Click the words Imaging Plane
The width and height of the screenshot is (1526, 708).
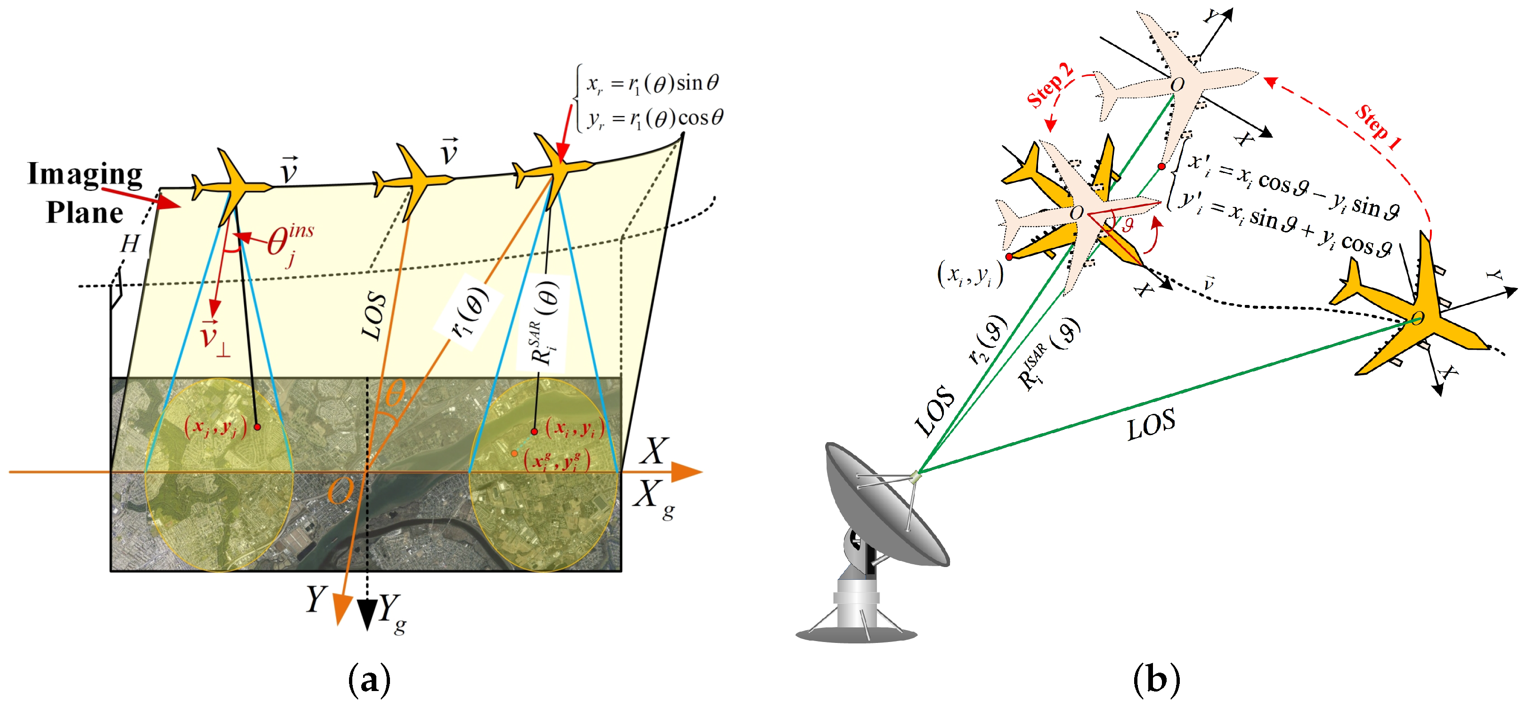[x=85, y=192]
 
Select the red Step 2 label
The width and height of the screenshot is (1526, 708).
[x=1049, y=86]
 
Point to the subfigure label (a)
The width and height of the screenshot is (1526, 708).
[x=370, y=680]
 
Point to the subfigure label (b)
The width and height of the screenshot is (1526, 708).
[x=1156, y=680]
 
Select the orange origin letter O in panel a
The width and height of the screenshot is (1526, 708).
[x=340, y=490]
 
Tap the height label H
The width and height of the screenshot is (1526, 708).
[x=130, y=244]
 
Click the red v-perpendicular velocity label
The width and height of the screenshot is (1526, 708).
[x=214, y=338]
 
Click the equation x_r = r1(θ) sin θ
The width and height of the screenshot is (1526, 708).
[x=652, y=83]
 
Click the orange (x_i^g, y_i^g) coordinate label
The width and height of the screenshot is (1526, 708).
[x=557, y=461]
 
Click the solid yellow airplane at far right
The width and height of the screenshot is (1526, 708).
[x=1416, y=314]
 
